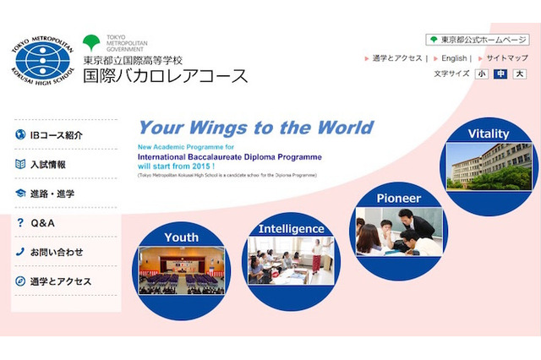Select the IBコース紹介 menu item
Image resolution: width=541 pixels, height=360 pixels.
pyautogui.click(x=56, y=135)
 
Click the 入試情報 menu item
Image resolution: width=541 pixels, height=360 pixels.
pyautogui.click(x=48, y=165)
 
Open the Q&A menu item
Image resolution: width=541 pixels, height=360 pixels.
pyautogui.click(x=42, y=223)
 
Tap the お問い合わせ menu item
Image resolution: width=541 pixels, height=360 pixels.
pyautogui.click(x=57, y=252)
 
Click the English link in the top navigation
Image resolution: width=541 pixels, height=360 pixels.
pyautogui.click(x=454, y=58)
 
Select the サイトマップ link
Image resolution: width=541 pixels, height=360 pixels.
pyautogui.click(x=507, y=58)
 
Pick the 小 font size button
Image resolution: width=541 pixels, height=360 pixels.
pyautogui.click(x=482, y=74)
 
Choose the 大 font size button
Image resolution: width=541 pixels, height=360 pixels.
pyautogui.click(x=520, y=74)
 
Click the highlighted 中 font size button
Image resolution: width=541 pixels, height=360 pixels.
pyautogui.click(x=501, y=74)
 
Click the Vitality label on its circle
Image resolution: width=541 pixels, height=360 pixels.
pyautogui.click(x=489, y=134)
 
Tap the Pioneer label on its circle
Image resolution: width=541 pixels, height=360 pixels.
pyautogui.click(x=398, y=199)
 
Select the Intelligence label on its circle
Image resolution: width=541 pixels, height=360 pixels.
pyautogui.click(x=291, y=229)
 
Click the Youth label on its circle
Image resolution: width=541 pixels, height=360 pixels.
pyautogui.click(x=182, y=237)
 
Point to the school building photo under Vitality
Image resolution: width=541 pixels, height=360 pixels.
pyautogui.click(x=489, y=166)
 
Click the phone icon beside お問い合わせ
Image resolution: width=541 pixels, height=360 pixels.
pyautogui.click(x=20, y=252)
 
